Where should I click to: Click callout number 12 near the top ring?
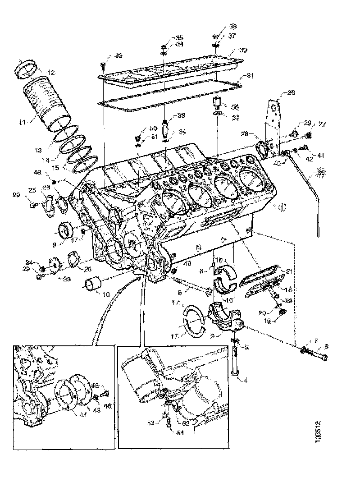coord(51,72)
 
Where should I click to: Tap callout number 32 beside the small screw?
coord(118,55)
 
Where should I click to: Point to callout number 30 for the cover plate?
coord(243,50)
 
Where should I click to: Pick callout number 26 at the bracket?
coord(291,93)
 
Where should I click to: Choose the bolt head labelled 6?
coord(325,357)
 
